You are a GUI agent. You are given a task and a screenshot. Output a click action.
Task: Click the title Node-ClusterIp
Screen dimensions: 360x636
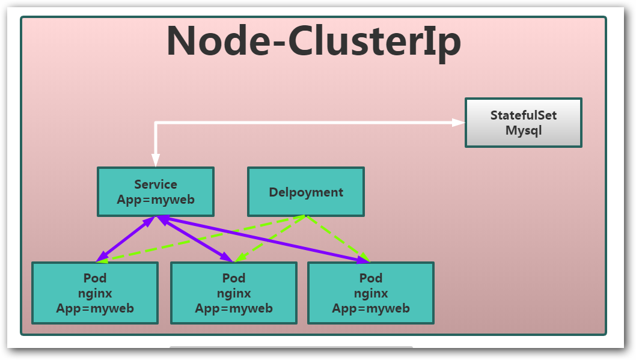tap(313, 41)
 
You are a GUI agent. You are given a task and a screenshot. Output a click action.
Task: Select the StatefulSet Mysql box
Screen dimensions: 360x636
tap(523, 123)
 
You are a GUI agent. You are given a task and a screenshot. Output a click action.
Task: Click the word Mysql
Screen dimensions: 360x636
tap(523, 130)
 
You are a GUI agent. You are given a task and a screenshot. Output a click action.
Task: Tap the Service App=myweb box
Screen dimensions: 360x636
tap(156, 192)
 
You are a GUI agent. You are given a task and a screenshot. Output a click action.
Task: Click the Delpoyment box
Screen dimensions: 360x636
tap(306, 192)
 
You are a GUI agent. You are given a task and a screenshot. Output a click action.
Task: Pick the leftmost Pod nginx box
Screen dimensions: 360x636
tap(95, 293)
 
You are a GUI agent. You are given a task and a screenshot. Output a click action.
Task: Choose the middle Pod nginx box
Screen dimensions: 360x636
tap(234, 293)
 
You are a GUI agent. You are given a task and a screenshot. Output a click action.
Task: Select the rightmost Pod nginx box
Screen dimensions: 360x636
tap(370, 293)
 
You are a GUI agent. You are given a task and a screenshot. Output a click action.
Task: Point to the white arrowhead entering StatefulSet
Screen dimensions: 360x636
tap(459, 123)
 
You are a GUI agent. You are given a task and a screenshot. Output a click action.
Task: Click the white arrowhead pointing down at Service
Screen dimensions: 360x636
tap(156, 160)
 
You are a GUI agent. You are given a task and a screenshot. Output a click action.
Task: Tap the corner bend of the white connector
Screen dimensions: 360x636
tap(156, 123)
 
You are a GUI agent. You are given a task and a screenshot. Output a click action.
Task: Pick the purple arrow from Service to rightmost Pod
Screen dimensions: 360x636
tap(264, 239)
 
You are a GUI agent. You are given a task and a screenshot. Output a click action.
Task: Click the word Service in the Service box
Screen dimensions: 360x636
tap(156, 185)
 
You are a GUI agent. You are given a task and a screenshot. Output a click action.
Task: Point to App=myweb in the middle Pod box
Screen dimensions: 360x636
tap(234, 308)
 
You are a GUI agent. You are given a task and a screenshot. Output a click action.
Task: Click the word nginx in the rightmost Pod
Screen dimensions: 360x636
tap(370, 293)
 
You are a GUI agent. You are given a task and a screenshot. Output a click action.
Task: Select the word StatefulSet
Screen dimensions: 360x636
tap(523, 115)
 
